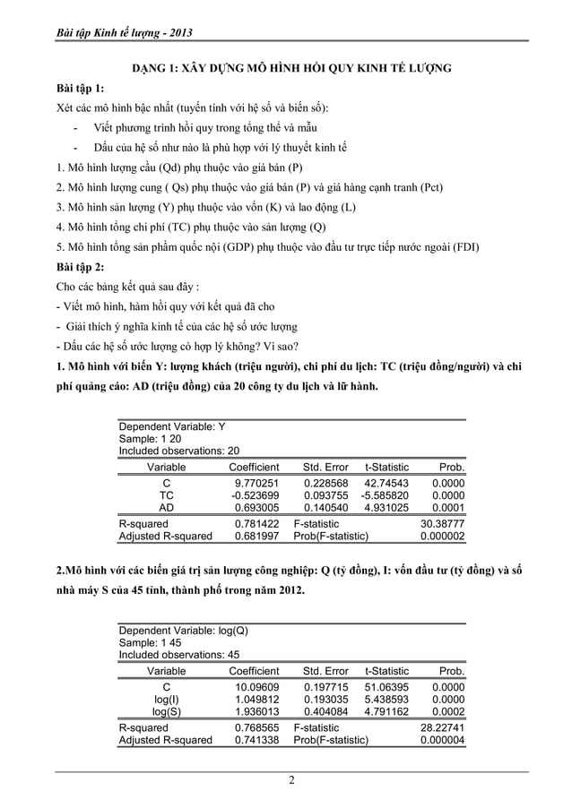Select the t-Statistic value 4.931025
386,507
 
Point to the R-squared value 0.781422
255,523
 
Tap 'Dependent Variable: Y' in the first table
172,425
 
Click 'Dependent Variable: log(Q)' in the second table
183,630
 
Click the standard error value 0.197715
325,685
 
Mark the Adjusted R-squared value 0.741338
255,741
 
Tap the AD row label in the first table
166,507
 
